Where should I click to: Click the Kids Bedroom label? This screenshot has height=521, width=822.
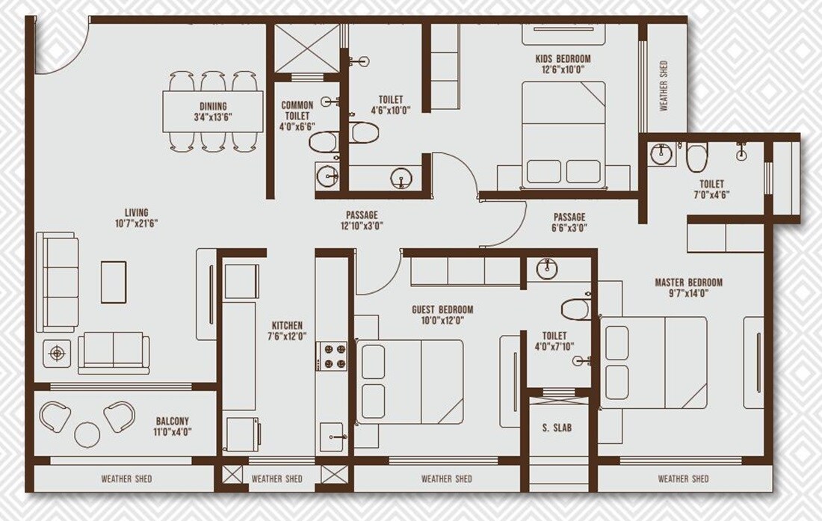tap(563, 58)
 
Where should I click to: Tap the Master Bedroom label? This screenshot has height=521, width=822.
tap(688, 282)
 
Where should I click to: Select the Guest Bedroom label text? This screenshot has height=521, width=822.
tap(442, 309)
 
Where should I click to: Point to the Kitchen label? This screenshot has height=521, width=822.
tap(287, 325)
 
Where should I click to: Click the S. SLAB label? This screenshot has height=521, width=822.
tap(557, 428)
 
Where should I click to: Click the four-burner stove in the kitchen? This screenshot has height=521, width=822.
tap(332, 356)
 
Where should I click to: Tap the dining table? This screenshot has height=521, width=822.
tap(212, 111)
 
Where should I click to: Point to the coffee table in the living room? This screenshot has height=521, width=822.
tap(114, 281)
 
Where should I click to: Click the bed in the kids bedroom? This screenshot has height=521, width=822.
tap(563, 135)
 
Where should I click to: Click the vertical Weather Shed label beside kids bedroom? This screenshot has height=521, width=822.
tap(663, 86)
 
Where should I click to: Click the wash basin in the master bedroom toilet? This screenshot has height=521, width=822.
tap(661, 154)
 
